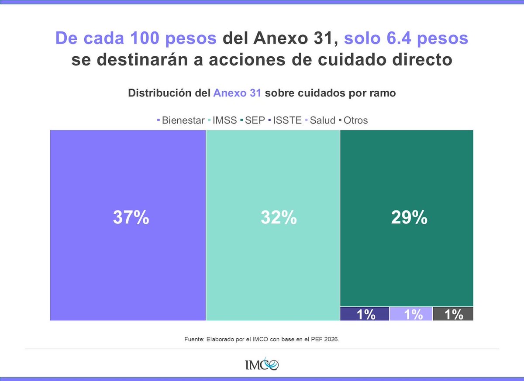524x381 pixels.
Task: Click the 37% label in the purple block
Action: coord(131,218)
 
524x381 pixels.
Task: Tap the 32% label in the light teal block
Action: coord(279,218)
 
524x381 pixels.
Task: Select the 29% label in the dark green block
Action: coord(409,218)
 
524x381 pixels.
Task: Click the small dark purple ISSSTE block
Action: coord(365,314)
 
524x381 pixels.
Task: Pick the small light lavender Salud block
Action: coord(411,314)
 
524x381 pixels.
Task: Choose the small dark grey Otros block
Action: coord(453,314)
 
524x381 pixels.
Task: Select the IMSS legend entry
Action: coord(224,120)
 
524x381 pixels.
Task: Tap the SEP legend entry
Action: coord(255,120)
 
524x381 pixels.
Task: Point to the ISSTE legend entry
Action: coord(287,120)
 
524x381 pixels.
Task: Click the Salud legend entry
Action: coord(322,120)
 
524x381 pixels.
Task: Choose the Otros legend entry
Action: coord(355,120)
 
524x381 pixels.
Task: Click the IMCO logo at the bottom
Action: coord(262,364)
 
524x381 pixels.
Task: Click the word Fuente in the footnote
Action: coord(193,338)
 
